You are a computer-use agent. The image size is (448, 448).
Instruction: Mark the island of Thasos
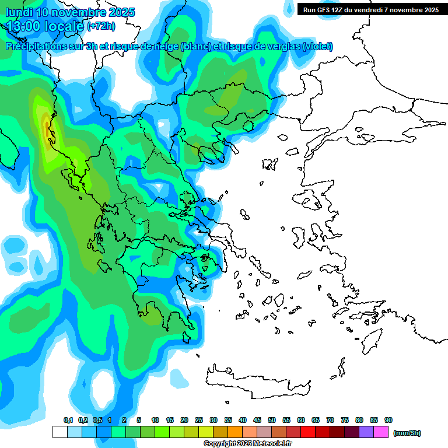(248, 125)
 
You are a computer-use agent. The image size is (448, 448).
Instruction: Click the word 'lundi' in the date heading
(22, 12)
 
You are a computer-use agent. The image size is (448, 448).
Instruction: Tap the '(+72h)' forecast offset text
(101, 26)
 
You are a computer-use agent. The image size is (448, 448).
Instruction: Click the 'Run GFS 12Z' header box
(369, 9)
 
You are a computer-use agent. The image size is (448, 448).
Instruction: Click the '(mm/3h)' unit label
(407, 433)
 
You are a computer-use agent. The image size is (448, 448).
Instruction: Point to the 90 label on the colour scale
(388, 420)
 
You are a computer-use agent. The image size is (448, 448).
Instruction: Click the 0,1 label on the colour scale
(68, 420)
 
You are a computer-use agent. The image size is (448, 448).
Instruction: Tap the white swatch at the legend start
(60, 432)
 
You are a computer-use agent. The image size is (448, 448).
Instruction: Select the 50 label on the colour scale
(272, 420)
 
